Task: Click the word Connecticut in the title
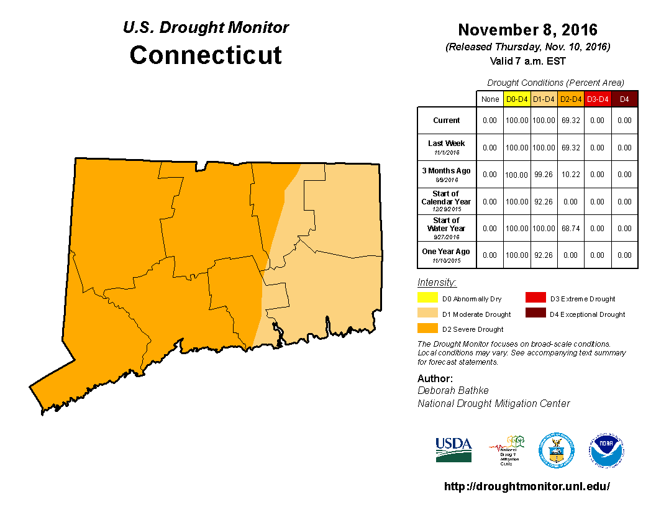pos(206,55)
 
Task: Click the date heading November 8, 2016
pos(527,30)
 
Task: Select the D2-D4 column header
pos(571,99)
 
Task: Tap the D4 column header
pos(624,99)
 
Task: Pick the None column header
pos(490,99)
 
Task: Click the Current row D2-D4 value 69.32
pos(571,121)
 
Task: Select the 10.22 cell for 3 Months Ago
pos(571,175)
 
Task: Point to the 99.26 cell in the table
pos(544,175)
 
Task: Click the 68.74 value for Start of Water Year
pos(571,229)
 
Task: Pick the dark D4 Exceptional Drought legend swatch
pos(535,313)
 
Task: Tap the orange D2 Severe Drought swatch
pos(428,328)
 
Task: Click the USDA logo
pos(453,449)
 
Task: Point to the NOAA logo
pos(607,450)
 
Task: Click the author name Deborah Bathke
pos(453,390)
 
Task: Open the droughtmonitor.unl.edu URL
pos(527,486)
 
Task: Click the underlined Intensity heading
pos(437,282)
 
